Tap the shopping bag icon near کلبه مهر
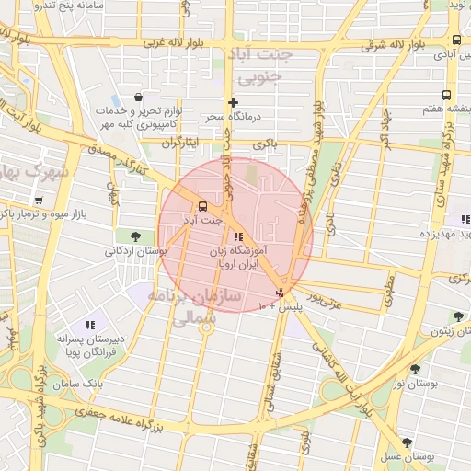[x=138, y=97]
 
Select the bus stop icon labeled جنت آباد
[x=202, y=206]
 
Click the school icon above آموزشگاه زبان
[x=239, y=236]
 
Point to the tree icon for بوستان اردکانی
[x=136, y=236]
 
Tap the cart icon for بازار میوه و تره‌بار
[x=38, y=200]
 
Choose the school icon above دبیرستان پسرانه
[x=90, y=325]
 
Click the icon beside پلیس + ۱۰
[x=281, y=293]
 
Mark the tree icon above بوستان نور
[x=416, y=369]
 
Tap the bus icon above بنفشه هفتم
[x=446, y=95]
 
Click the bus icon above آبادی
[x=456, y=40]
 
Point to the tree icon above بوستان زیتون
[x=456, y=317]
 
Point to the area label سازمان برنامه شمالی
[x=205, y=308]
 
